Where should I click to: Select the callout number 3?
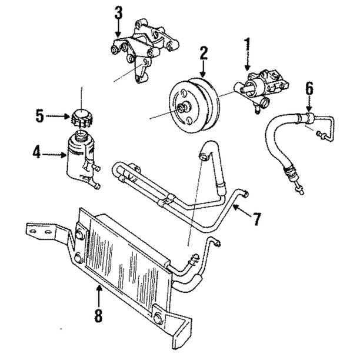tap(119, 11)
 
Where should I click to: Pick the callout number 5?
tap(39, 116)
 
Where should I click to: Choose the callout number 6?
tap(309, 89)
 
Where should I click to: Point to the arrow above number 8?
tap(99, 293)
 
